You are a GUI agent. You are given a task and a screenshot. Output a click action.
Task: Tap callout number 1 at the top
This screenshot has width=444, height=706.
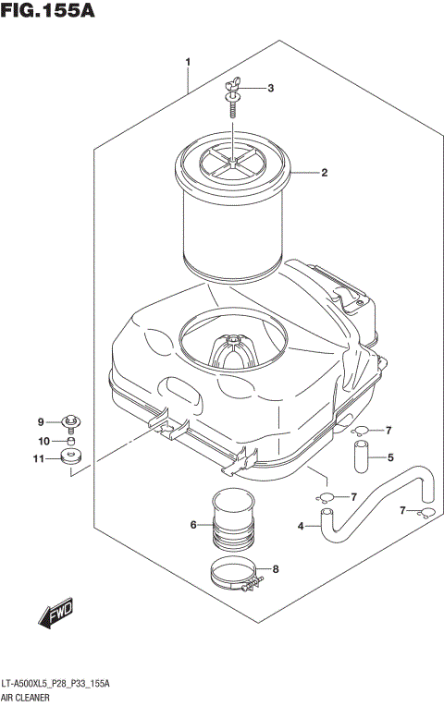tap(188, 62)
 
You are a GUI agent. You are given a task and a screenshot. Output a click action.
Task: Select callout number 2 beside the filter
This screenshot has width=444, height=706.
tap(325, 172)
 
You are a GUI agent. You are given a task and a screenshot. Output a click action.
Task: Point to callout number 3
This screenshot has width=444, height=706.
tap(270, 89)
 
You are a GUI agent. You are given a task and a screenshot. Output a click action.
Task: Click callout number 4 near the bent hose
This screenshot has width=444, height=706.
tap(301, 528)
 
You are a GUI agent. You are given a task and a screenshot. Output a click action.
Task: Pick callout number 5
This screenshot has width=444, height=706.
tap(390, 456)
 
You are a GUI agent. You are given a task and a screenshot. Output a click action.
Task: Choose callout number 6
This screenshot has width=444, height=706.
tap(194, 525)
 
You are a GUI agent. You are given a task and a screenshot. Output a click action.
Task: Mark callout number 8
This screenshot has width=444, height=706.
tap(274, 570)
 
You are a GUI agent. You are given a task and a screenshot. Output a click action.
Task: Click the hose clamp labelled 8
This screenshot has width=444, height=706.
tap(233, 578)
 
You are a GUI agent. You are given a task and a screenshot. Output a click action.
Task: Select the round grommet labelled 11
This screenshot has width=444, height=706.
tap(70, 457)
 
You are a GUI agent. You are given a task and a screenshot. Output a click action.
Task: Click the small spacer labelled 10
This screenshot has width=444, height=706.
tap(69, 442)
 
